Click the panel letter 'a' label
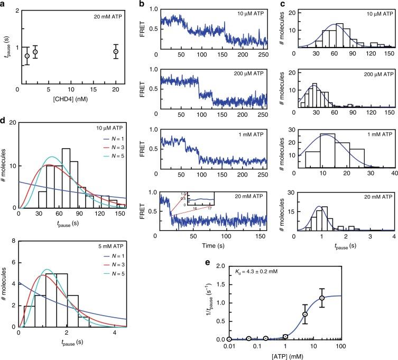pos(4,5)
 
